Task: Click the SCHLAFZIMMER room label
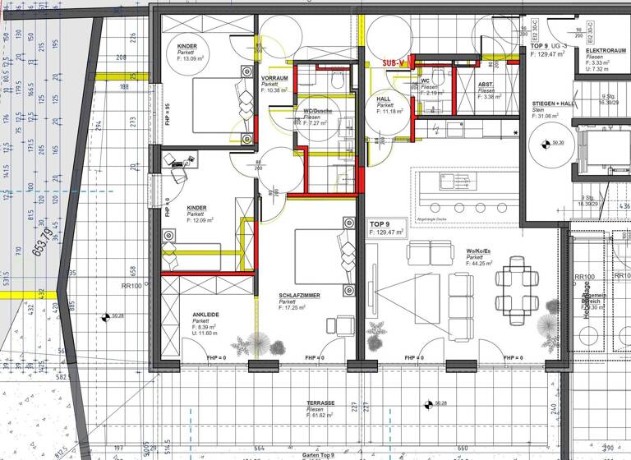(299, 295)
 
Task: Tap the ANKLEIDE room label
(206, 315)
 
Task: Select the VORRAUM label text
(274, 78)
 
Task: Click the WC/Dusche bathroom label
(318, 110)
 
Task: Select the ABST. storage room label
(486, 84)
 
